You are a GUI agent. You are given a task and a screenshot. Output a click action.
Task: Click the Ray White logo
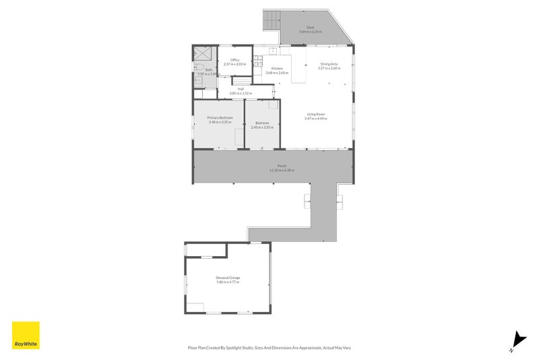click(x=26, y=335)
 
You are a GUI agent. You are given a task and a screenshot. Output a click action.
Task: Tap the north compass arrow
click(x=517, y=341)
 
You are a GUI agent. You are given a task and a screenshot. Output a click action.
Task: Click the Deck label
click(x=310, y=28)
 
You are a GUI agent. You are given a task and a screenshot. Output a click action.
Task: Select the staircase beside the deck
click(x=271, y=21)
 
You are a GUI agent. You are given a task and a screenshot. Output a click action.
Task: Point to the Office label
click(x=234, y=60)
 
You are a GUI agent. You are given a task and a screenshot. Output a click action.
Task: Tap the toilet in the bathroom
click(x=199, y=67)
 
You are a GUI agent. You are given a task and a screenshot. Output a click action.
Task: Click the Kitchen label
click(x=277, y=69)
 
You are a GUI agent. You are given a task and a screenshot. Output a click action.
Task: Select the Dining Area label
click(x=329, y=64)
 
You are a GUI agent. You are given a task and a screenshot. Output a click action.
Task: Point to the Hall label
click(x=240, y=88)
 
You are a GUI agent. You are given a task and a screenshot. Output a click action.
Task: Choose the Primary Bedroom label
click(x=220, y=118)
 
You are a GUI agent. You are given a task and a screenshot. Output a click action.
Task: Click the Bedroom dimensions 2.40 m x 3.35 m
click(x=261, y=127)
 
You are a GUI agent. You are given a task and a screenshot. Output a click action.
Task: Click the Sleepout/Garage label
click(x=228, y=277)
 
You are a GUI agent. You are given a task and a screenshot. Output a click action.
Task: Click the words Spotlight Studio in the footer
click(x=239, y=348)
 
